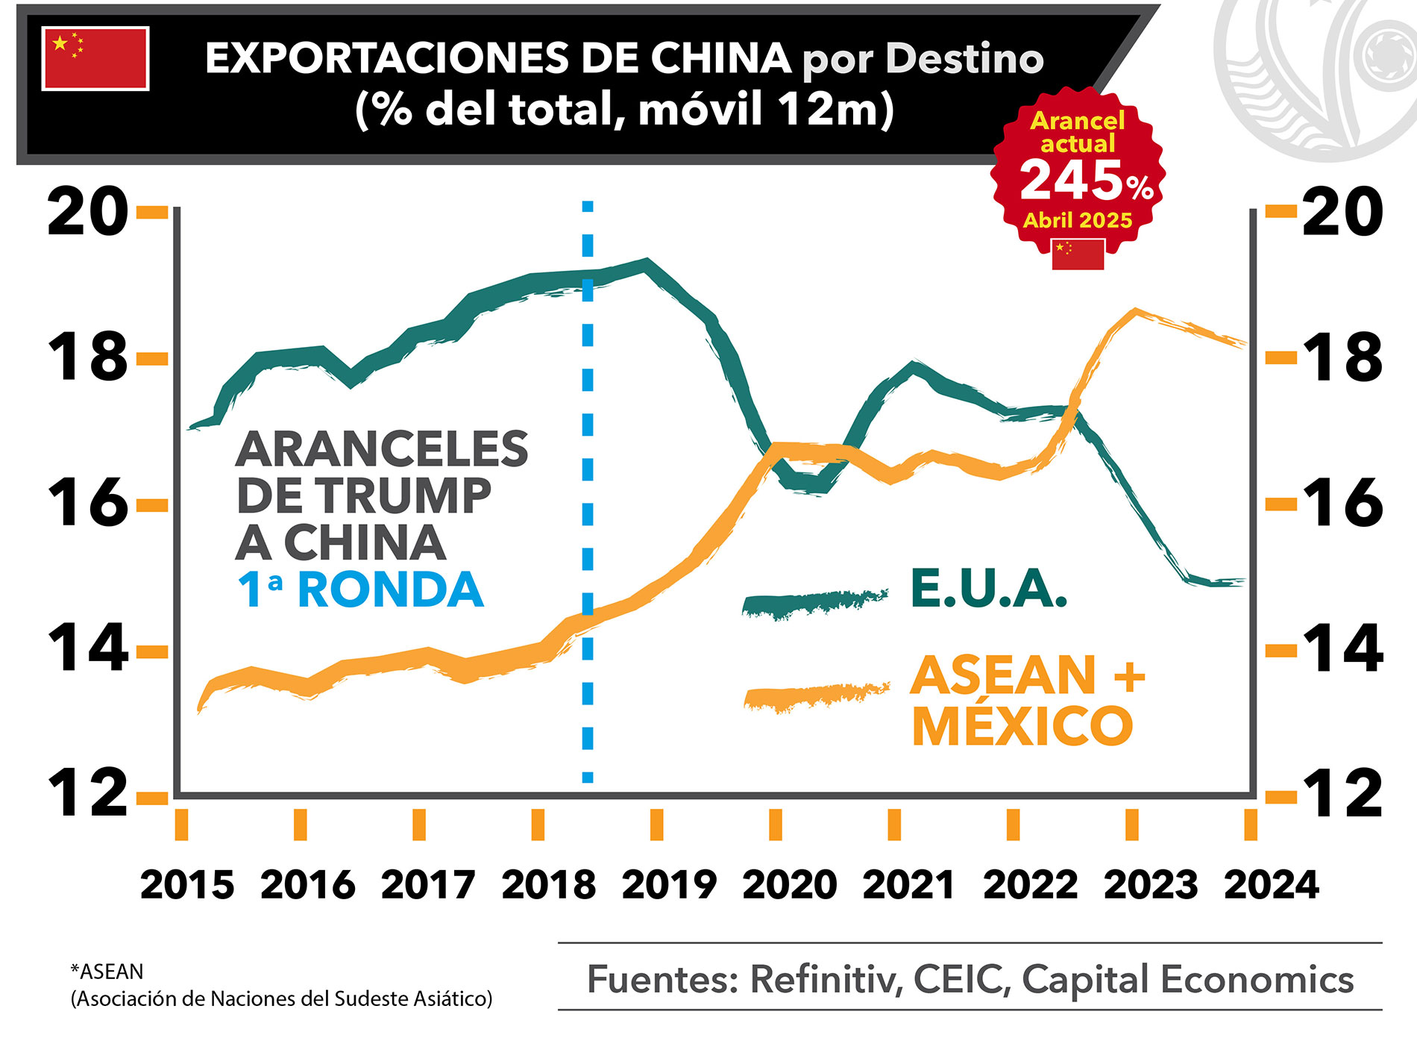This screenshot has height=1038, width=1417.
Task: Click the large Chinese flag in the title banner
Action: pyautogui.click(x=95, y=58)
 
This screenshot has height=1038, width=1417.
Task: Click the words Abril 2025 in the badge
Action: pyautogui.click(x=1078, y=220)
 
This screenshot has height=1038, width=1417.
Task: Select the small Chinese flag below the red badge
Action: pyautogui.click(x=1078, y=254)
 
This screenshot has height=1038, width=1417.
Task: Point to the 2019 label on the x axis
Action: pyautogui.click(x=669, y=885)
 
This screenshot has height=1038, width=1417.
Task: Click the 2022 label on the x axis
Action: pyautogui.click(x=1030, y=885)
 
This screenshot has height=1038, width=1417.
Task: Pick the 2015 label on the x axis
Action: pyautogui.click(x=187, y=885)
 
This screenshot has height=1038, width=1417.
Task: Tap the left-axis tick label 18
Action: pyautogui.click(x=87, y=357)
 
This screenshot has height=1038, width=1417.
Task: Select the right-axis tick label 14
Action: pyautogui.click(x=1342, y=649)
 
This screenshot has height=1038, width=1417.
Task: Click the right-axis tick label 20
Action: pyautogui.click(x=1342, y=212)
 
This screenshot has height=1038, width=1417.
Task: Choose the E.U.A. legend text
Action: pyautogui.click(x=988, y=589)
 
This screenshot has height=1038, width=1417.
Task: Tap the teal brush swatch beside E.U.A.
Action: pyautogui.click(x=814, y=603)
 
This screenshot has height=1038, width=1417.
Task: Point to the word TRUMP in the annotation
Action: pyautogui.click(x=403, y=495)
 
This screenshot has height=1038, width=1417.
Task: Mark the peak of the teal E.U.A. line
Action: pyautogui.click(x=647, y=263)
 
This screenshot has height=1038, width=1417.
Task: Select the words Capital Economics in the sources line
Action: pyautogui.click(x=1187, y=979)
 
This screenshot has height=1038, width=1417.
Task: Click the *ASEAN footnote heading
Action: pyautogui.click(x=107, y=972)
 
